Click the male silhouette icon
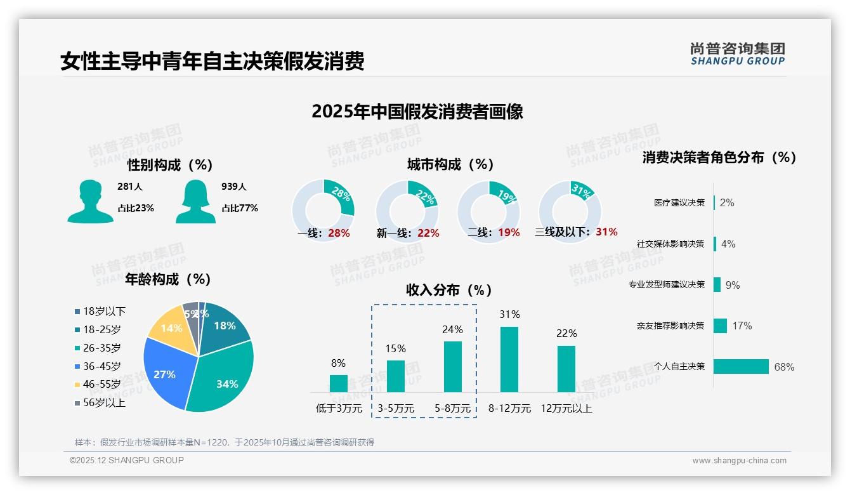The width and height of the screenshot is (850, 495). [x=90, y=201]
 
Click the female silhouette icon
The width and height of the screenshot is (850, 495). [x=195, y=201]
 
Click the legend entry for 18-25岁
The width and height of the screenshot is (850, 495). [x=101, y=329]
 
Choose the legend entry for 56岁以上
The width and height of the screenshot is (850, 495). [x=104, y=402]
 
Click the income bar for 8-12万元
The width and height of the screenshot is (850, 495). [x=509, y=359]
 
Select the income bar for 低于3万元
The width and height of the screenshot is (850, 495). [x=339, y=383]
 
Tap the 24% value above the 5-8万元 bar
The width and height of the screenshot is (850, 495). [x=453, y=329]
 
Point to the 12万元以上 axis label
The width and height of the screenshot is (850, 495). [x=566, y=409]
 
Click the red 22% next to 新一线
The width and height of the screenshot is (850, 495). [x=428, y=233]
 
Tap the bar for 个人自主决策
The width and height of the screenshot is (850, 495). [x=741, y=366]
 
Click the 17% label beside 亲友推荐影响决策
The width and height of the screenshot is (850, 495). [x=742, y=326]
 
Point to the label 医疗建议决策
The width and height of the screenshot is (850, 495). [x=679, y=202]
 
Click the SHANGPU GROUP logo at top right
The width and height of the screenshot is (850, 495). [x=737, y=54]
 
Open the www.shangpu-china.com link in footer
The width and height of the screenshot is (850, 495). [x=739, y=461]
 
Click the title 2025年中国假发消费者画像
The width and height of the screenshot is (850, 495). [x=417, y=112]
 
